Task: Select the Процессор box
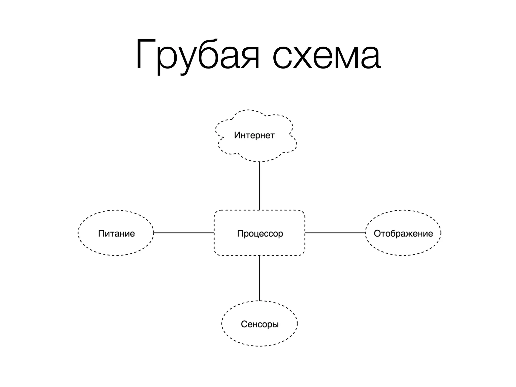click(x=260, y=244)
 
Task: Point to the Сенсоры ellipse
click(x=260, y=335)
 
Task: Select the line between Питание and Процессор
click(x=184, y=233)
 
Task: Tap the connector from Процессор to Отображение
click(x=335, y=233)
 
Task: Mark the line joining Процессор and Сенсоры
click(x=260, y=278)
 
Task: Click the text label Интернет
click(x=254, y=135)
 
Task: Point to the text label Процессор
click(x=260, y=234)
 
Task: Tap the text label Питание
click(x=116, y=234)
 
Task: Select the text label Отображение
click(x=403, y=234)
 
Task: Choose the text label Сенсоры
click(x=260, y=324)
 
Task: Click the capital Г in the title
click(x=144, y=54)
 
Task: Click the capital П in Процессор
click(x=240, y=233)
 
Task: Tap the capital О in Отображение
click(x=377, y=233)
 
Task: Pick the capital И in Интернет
click(x=237, y=135)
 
